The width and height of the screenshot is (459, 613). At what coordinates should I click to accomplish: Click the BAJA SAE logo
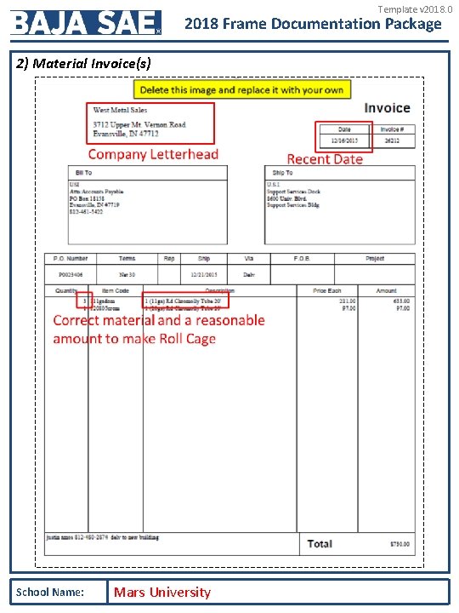click(85, 22)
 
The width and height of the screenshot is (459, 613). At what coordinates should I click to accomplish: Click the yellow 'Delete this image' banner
click(241, 89)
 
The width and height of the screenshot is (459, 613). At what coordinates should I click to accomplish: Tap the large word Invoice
click(387, 108)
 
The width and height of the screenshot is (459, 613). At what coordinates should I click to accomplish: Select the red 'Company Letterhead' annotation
click(153, 154)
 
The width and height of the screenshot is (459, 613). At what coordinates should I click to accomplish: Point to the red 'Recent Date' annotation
click(325, 159)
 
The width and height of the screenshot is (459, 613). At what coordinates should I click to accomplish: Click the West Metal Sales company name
click(120, 110)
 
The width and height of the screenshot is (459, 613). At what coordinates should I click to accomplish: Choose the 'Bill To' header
click(83, 173)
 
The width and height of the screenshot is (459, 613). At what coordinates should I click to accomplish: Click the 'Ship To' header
click(283, 173)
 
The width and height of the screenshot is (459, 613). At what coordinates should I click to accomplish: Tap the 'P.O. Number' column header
click(71, 258)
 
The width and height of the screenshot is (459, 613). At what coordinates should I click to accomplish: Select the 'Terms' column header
click(127, 258)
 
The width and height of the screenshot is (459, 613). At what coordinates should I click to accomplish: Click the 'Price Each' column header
click(327, 290)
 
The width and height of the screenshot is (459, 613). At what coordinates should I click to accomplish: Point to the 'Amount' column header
click(386, 290)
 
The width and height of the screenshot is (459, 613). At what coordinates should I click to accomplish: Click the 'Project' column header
click(375, 258)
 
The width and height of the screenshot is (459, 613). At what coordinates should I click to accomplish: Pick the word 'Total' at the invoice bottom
click(320, 543)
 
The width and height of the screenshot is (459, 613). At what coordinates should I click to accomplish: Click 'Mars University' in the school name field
click(162, 592)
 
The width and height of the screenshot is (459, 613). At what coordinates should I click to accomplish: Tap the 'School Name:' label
click(49, 592)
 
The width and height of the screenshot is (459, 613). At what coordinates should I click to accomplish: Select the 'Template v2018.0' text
click(410, 9)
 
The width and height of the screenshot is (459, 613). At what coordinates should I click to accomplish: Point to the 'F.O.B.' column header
click(301, 258)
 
